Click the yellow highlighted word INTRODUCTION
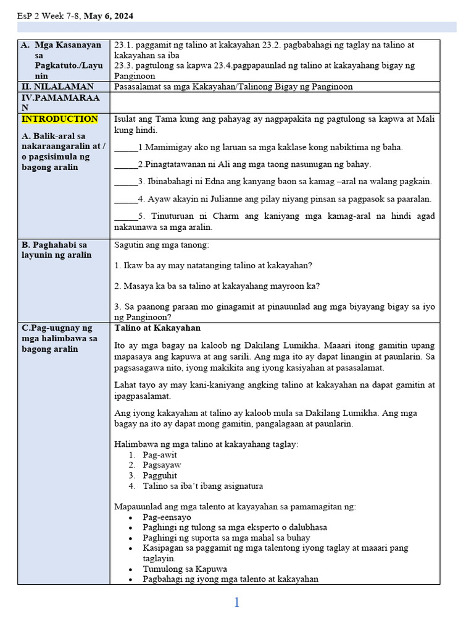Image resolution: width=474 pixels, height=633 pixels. point(60,119)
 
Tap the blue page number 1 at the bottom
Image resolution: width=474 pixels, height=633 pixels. point(236,603)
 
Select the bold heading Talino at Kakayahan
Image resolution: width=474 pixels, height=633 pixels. point(157,328)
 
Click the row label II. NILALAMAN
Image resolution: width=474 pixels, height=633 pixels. point(57,87)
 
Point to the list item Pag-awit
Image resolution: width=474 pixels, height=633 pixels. point(159,455)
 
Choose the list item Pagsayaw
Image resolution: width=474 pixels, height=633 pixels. point(162,465)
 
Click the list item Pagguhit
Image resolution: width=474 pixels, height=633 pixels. point(160,475)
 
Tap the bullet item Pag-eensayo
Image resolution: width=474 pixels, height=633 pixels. point(167,517)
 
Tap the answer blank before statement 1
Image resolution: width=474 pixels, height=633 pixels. point(126,147)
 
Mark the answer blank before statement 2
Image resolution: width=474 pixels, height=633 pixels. point(126,164)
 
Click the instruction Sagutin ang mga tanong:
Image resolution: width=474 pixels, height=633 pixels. point(162,245)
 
